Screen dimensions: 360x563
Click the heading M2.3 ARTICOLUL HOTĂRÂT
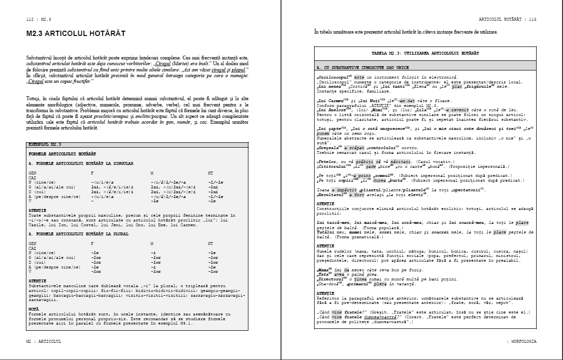click(x=76, y=34)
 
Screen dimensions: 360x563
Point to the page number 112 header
click(x=39, y=19)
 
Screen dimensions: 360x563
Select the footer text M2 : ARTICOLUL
click(x=44, y=341)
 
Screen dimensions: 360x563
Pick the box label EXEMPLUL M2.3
click(x=45, y=144)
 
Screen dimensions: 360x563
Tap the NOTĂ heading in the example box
click(x=34, y=309)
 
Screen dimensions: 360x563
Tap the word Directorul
click(x=330, y=279)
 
